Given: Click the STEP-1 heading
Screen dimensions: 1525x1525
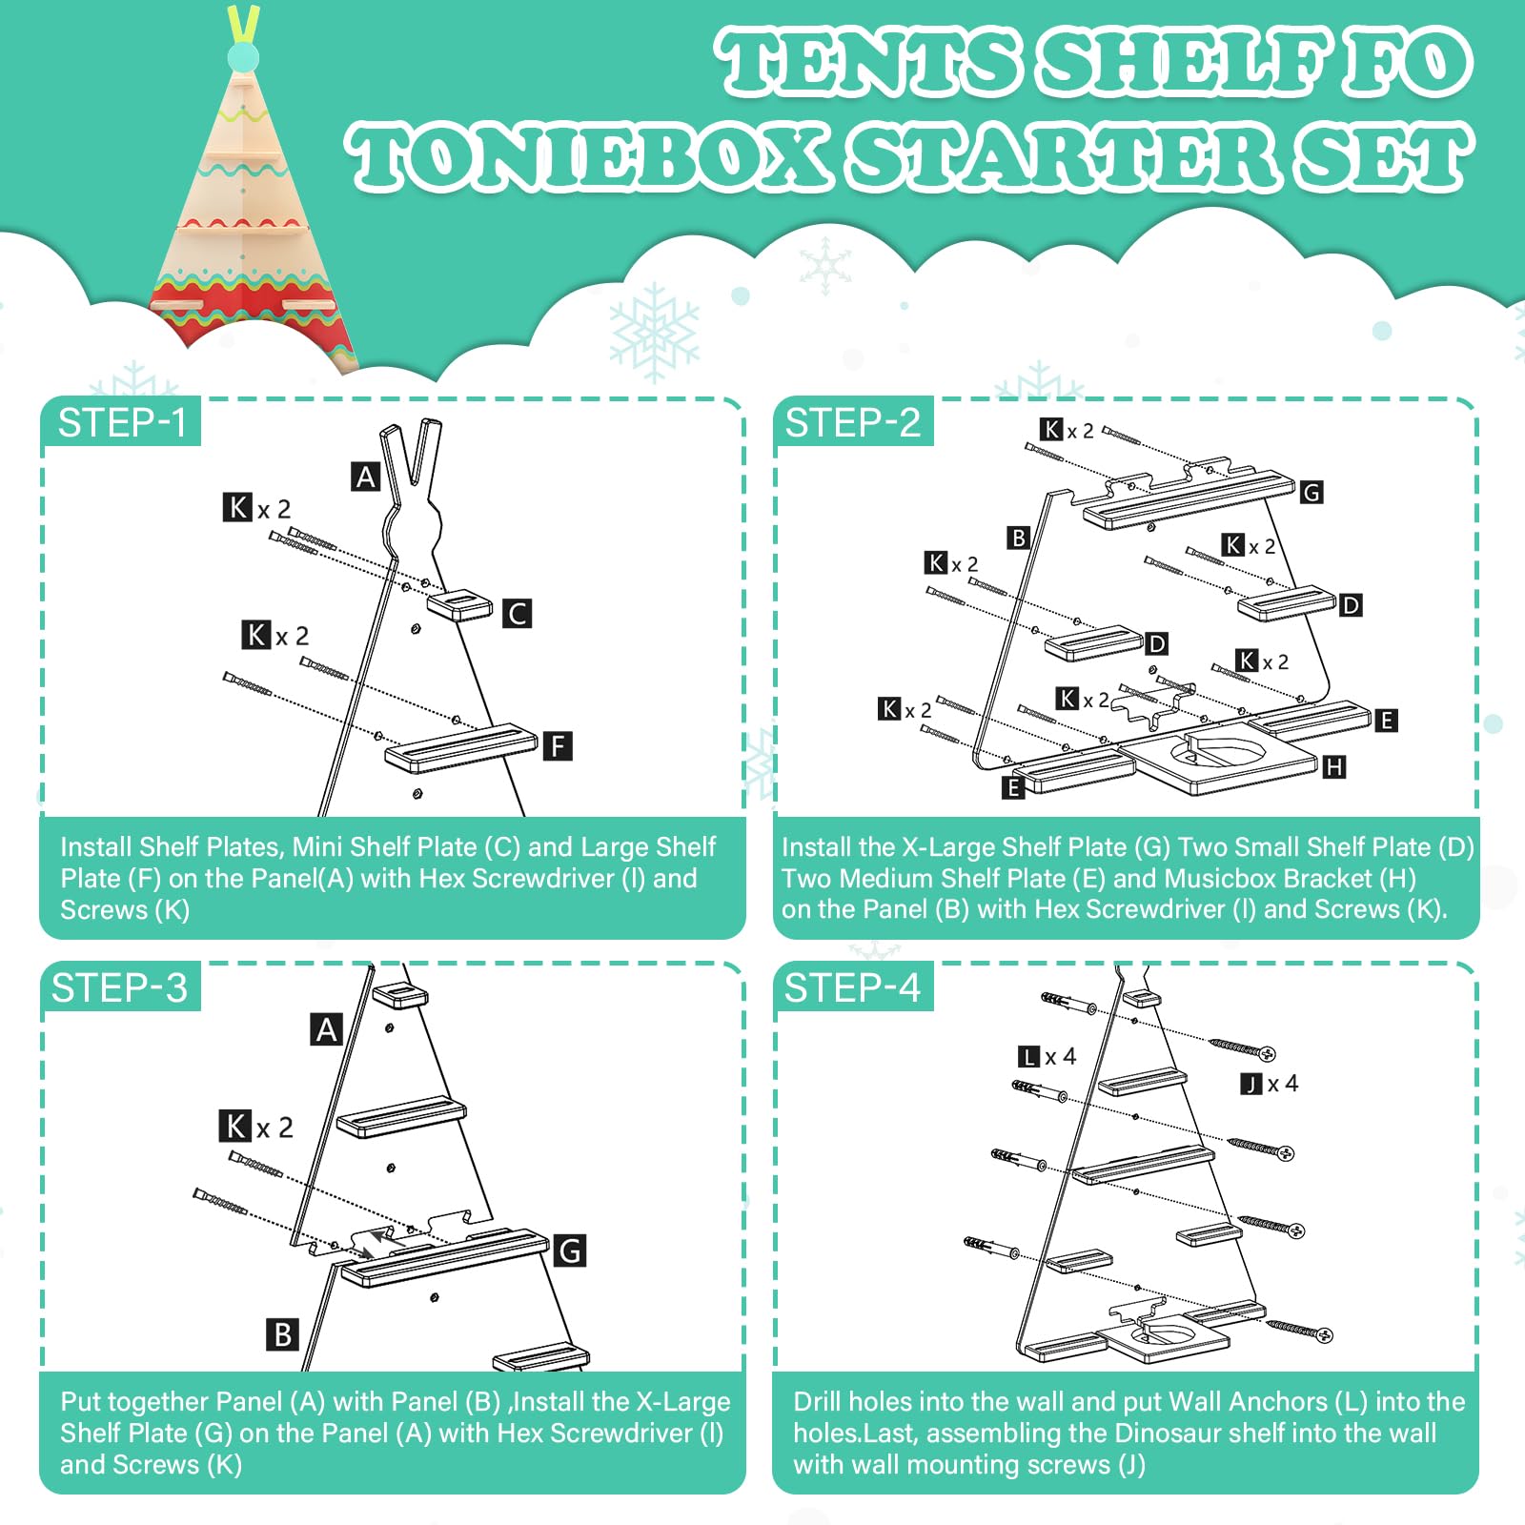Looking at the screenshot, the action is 122,423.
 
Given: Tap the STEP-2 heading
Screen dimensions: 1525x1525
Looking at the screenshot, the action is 853,423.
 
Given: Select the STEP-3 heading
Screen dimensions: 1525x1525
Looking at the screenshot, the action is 120,988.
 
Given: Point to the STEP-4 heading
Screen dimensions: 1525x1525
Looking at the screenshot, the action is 852,988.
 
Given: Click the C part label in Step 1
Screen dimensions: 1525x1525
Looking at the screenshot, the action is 517,614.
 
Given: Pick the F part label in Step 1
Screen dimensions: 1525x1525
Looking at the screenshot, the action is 558,745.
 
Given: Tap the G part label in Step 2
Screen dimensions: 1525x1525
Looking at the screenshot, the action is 1311,492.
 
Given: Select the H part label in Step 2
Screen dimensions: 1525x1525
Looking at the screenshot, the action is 1334,766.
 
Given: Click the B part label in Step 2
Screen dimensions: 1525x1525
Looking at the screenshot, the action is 1018,538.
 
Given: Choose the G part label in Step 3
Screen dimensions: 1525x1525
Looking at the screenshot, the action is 570,1250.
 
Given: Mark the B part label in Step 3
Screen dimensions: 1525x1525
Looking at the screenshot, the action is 282,1334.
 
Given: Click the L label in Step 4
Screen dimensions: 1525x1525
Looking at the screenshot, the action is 1028,1056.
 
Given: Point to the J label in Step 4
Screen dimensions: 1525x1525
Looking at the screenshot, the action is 1251,1084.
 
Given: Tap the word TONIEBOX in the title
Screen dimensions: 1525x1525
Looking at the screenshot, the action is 587,157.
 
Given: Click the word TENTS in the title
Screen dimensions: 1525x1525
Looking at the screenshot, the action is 868,62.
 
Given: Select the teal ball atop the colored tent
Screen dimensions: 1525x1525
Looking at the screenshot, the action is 243,57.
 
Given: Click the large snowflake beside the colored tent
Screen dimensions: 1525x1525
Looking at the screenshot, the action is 655,331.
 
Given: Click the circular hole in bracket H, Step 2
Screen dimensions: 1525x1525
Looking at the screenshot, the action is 1220,751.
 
